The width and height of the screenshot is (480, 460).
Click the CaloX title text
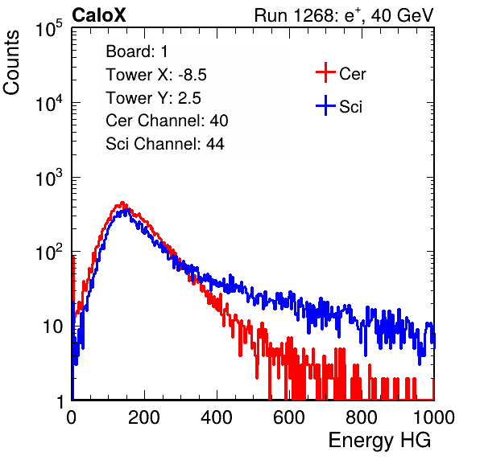[x=98, y=15]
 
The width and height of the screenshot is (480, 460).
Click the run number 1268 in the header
[x=312, y=15]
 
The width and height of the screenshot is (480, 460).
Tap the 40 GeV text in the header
[x=402, y=15]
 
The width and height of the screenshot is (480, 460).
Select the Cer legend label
[x=352, y=74]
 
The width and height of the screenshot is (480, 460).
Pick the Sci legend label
[x=350, y=107]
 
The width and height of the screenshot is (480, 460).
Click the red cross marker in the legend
[x=325, y=72]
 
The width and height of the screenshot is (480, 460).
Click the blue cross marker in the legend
[x=325, y=105]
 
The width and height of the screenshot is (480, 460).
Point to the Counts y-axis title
[x=11, y=63]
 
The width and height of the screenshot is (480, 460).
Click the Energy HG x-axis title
[x=379, y=441]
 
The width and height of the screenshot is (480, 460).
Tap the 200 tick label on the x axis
[x=144, y=417]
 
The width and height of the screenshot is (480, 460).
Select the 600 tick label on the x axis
[x=289, y=417]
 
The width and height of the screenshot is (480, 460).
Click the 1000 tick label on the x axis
[x=434, y=417]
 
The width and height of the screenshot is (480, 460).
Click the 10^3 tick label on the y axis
[x=49, y=178]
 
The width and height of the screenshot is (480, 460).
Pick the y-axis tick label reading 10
[x=52, y=327]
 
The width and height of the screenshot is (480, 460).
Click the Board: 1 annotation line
[x=137, y=51]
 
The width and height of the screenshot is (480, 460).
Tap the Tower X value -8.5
[x=192, y=75]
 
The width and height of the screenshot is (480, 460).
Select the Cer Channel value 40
[x=219, y=121]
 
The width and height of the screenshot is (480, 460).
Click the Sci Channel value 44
[x=215, y=144]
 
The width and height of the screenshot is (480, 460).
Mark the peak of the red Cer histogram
[x=122, y=203]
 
